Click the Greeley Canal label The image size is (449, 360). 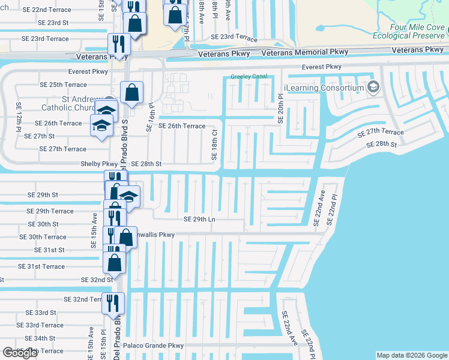tap(249, 77)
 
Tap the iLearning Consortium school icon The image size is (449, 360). tap(373, 88)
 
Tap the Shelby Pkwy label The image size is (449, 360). tap(99, 164)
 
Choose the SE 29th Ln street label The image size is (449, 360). tap(199, 220)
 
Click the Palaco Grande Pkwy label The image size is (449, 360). tap(153, 346)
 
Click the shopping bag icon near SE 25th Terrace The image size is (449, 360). tap(131, 93)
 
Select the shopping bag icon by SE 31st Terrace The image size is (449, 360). tap(114, 263)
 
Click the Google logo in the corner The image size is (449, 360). tap(20, 353)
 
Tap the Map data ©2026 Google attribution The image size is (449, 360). tap(411, 355)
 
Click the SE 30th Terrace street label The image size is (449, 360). tap(47, 237)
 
